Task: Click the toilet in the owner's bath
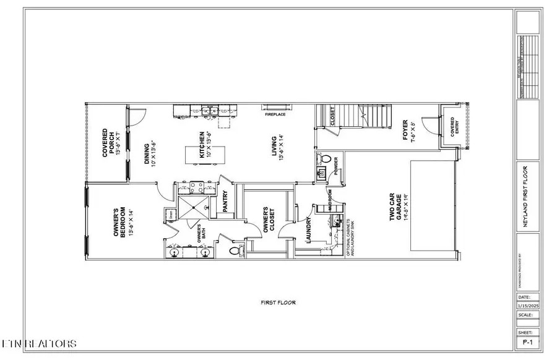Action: [235, 251]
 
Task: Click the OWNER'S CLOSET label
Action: [266, 220]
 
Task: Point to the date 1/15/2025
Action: [527, 305]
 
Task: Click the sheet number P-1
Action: [527, 341]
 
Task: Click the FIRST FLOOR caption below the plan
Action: [278, 302]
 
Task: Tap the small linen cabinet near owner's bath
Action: [169, 215]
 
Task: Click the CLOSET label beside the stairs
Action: [332, 116]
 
